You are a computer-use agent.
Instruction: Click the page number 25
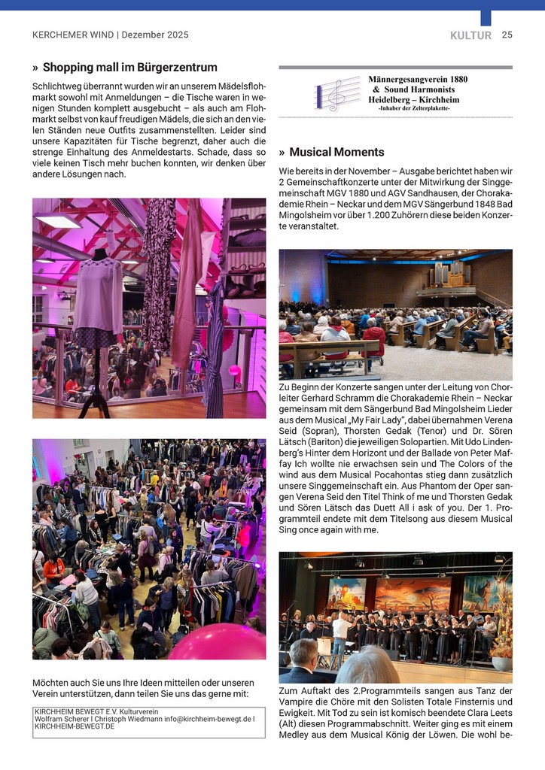(507, 35)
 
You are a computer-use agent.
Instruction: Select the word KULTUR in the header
(470, 35)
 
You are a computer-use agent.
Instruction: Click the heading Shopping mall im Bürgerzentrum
(129, 68)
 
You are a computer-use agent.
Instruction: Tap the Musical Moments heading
(336, 152)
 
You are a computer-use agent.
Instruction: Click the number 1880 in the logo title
(476, 78)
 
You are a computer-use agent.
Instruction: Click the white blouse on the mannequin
(97, 293)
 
